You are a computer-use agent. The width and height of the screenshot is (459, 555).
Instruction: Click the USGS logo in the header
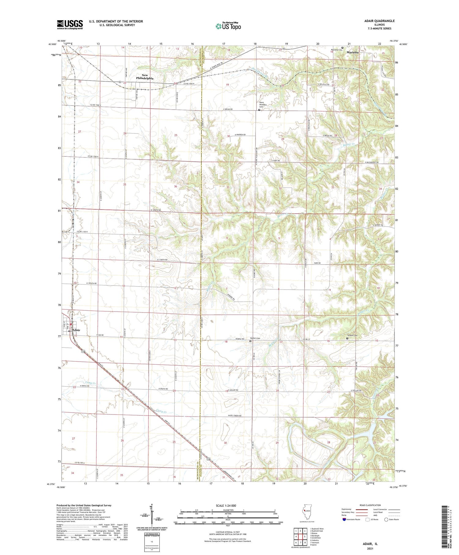70,24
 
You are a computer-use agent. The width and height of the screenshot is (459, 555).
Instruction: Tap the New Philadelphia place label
145,77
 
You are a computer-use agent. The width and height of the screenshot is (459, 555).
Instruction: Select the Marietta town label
353,52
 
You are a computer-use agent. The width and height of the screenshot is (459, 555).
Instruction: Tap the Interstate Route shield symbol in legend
344,519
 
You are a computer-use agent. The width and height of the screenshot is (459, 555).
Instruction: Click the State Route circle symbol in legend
386,519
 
